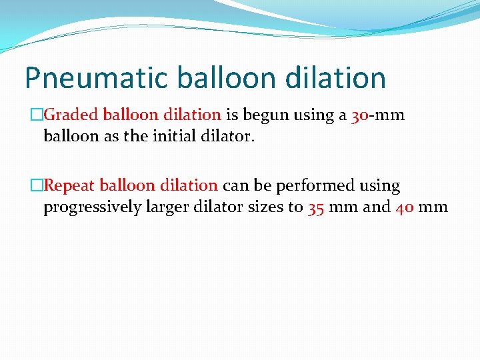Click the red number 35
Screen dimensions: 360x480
316,207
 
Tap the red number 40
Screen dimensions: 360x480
404,207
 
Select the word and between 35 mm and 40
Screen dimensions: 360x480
376,207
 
